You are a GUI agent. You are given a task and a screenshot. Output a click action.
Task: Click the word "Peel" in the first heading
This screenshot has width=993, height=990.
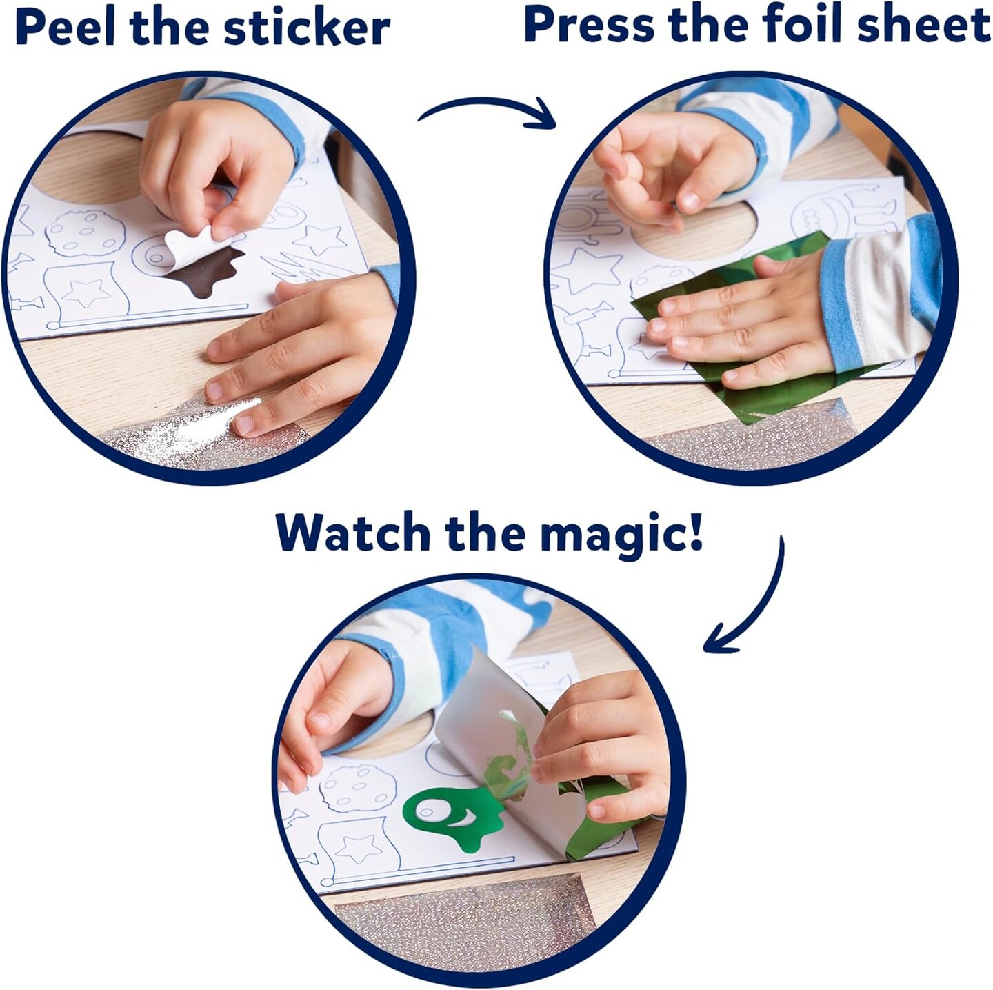pos(66,28)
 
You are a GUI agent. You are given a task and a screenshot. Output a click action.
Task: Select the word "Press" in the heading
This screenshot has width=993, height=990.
pos(590,25)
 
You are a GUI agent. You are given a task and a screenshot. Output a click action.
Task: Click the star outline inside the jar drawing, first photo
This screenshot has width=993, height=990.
pos(86,293)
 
